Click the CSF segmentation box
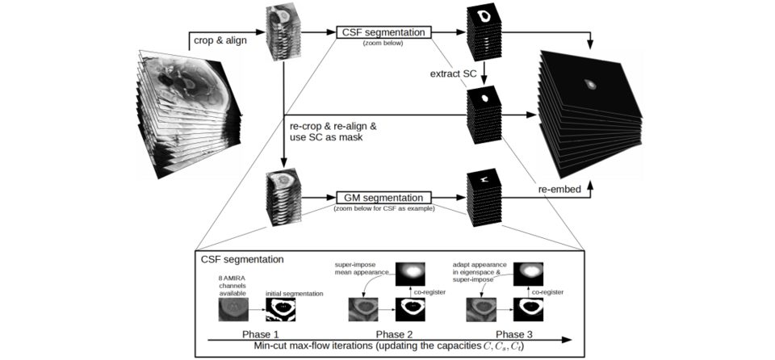pyautogui.click(x=383, y=32)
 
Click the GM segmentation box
pyautogui.click(x=383, y=197)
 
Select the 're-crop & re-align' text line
pyautogui.click(x=332, y=127)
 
